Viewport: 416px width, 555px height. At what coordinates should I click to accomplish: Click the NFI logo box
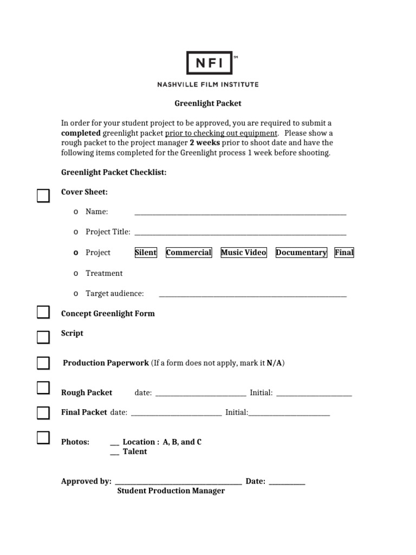click(x=209, y=63)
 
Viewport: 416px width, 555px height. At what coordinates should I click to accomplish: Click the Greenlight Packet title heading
click(x=207, y=103)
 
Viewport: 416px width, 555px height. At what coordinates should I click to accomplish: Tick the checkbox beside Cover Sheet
click(x=43, y=196)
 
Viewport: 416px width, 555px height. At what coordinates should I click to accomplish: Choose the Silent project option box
click(x=145, y=253)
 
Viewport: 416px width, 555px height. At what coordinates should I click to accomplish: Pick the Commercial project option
click(x=188, y=253)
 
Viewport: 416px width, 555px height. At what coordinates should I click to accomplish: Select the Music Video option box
click(x=244, y=253)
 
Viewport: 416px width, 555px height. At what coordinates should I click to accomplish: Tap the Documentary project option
click(x=301, y=253)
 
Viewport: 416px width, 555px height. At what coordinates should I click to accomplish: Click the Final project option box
click(x=344, y=253)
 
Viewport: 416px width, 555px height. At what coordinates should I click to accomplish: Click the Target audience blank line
click(x=252, y=295)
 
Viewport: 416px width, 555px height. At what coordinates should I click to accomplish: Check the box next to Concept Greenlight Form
click(x=43, y=313)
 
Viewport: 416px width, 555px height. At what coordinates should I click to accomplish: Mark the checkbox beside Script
click(x=43, y=337)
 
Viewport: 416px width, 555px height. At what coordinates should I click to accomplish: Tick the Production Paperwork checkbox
click(x=43, y=363)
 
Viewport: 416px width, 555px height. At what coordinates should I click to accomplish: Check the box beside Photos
click(x=43, y=438)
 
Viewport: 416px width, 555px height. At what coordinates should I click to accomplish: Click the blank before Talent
click(x=114, y=453)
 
